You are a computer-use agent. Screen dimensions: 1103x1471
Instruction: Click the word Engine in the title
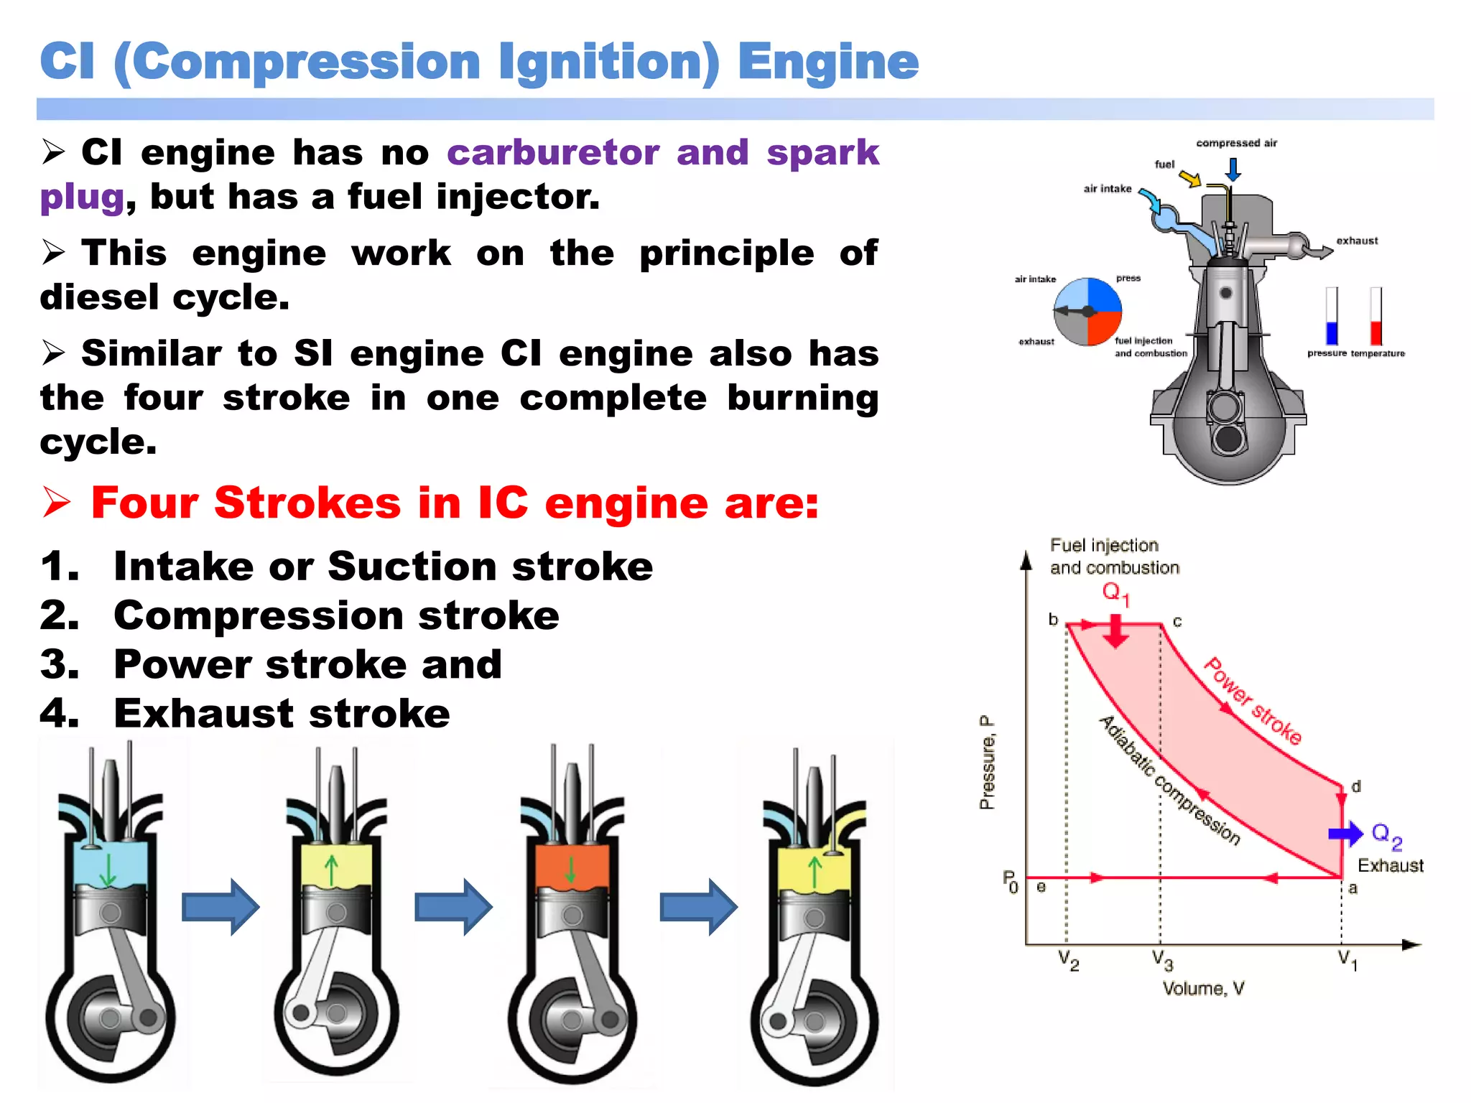pyautogui.click(x=827, y=62)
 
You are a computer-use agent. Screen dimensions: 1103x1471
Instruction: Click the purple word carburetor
pyautogui.click(x=552, y=152)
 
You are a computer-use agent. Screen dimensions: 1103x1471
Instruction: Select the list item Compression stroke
pyautogui.click(x=336, y=615)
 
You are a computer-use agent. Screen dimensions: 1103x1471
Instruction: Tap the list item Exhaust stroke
pyautogui.click(x=282, y=713)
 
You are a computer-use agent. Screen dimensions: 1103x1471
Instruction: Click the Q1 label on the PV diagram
pyautogui.click(x=1115, y=593)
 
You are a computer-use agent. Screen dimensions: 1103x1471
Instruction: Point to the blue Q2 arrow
pyautogui.click(x=1345, y=833)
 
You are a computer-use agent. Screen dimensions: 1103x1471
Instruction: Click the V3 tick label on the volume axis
pyautogui.click(x=1161, y=960)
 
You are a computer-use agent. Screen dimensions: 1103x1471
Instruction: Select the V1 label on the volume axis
pyautogui.click(x=1347, y=960)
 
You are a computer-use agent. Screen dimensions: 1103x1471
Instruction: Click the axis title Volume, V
pyautogui.click(x=1203, y=989)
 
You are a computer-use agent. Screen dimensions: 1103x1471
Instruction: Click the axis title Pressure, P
pyautogui.click(x=988, y=763)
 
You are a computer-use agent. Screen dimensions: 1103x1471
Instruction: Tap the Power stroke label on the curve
pyautogui.click(x=1253, y=701)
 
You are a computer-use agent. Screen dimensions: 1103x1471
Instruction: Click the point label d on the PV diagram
pyautogui.click(x=1356, y=786)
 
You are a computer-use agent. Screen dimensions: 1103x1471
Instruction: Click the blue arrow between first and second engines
pyautogui.click(x=220, y=906)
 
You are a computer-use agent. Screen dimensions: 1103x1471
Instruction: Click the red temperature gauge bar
pyautogui.click(x=1375, y=332)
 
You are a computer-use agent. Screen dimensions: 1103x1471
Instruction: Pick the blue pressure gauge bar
pyautogui.click(x=1332, y=332)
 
